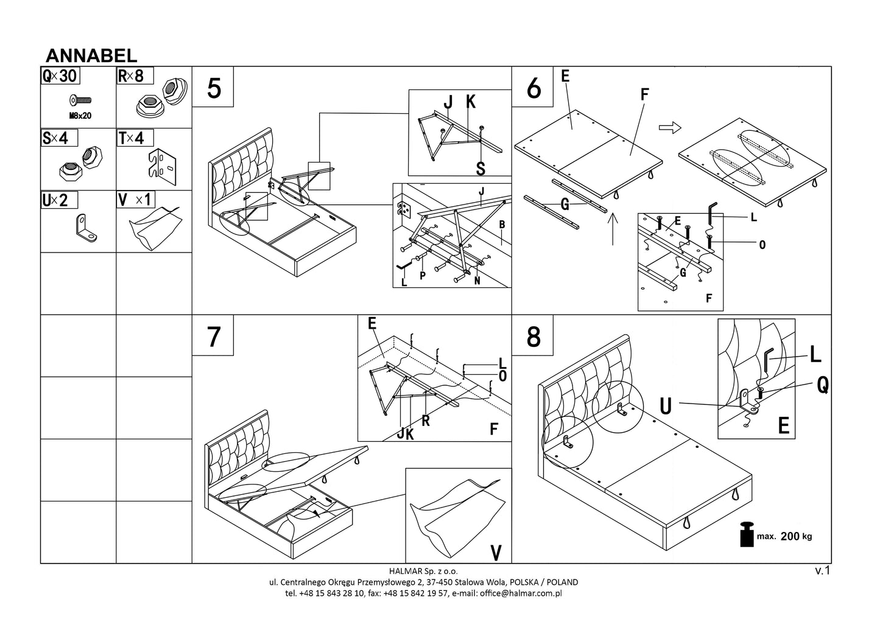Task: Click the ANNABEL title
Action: tap(91, 55)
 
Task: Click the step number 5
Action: tap(214, 88)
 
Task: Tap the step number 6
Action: tap(533, 88)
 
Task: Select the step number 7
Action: tap(213, 337)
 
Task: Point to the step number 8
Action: tap(533, 337)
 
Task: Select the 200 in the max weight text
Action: tap(789, 536)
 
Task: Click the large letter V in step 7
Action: tap(496, 552)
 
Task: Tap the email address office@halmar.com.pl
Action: tap(521, 593)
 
